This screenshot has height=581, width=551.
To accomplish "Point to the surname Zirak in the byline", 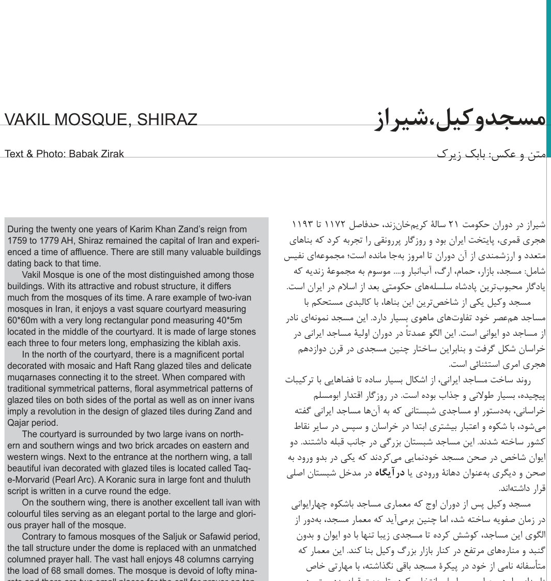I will coord(112,154).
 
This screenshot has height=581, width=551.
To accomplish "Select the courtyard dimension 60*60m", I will coord(25,320).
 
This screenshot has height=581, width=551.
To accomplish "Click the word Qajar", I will coord(20,423).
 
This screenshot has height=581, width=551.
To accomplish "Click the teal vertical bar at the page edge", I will coord(548,78).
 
